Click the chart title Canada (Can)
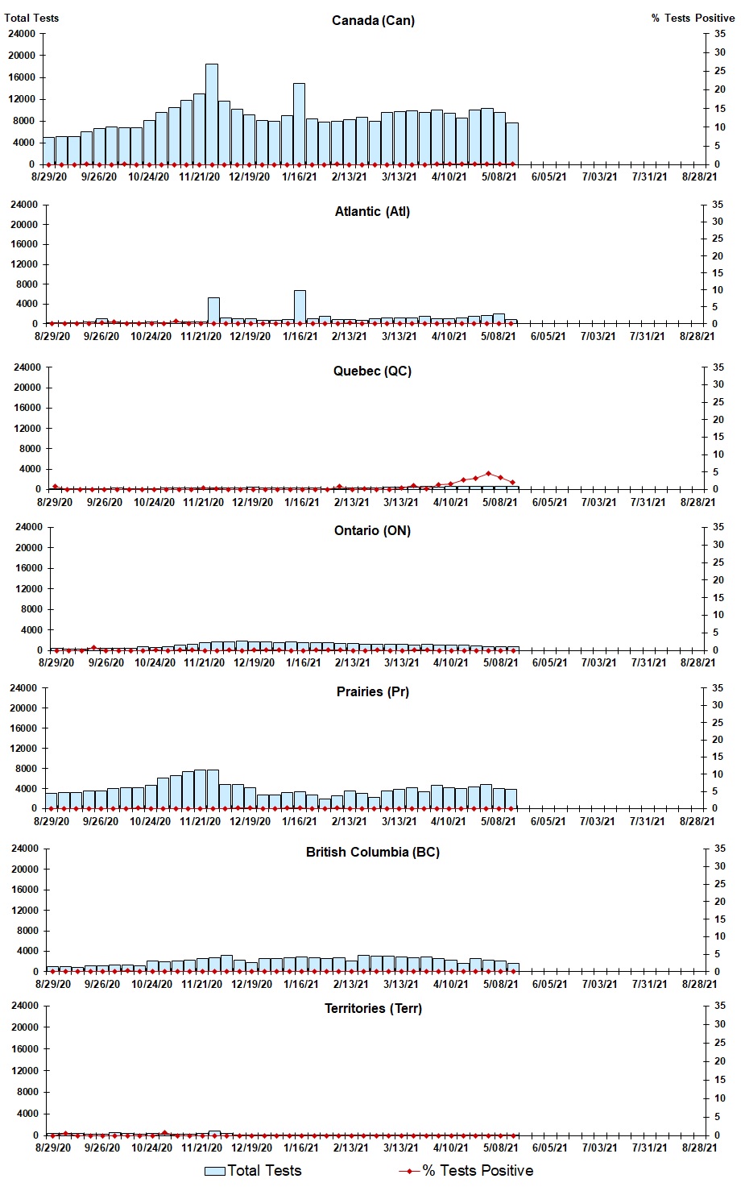[373, 20]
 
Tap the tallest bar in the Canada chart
[212, 114]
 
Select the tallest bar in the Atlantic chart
[300, 307]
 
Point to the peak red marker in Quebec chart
[488, 474]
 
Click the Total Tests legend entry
[253, 1171]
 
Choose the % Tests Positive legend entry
[466, 1171]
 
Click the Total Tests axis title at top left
[31, 18]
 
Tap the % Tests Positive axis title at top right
[693, 18]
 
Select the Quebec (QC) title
[372, 371]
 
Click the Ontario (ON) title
[372, 530]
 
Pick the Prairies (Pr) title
[372, 691]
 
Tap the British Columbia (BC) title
[372, 852]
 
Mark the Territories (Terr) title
[372, 1008]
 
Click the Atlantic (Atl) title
[372, 211]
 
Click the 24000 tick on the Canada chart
[21, 34]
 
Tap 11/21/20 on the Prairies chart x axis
[201, 822]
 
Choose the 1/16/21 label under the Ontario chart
[304, 663]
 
